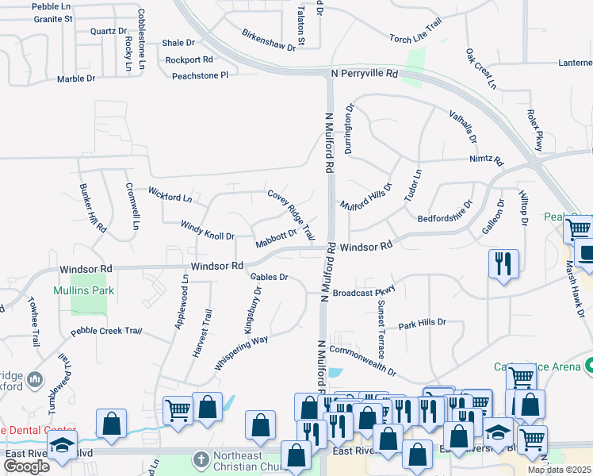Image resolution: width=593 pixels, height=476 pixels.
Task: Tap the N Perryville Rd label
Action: [x=363, y=73]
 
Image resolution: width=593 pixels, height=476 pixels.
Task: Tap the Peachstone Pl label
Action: [x=201, y=75]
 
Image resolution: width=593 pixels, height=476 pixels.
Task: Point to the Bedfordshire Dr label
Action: [x=445, y=209]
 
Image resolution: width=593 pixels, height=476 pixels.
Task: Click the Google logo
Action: [x=26, y=466]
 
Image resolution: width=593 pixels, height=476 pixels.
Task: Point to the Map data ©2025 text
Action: [x=559, y=470]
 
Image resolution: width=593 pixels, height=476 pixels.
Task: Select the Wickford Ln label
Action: [x=170, y=194]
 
